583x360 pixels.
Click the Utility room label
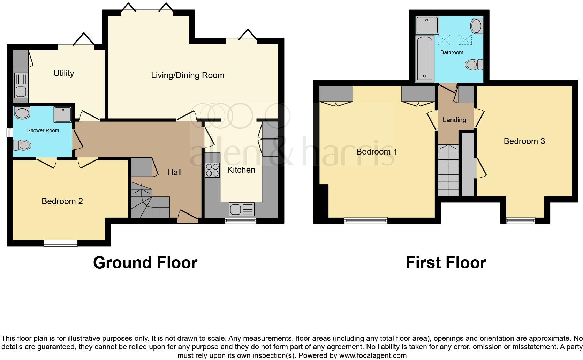pyautogui.click(x=64, y=73)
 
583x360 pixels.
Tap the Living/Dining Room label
pyautogui.click(x=188, y=75)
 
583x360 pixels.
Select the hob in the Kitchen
pyautogui.click(x=212, y=171)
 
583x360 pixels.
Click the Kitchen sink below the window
pyautogui.click(x=241, y=209)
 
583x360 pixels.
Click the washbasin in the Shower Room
pyautogui.click(x=22, y=113)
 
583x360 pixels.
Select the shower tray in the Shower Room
pyautogui.click(x=62, y=114)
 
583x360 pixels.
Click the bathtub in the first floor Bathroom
pyautogui.click(x=424, y=58)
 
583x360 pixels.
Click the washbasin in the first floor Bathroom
pyautogui.click(x=476, y=26)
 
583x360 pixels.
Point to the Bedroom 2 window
pyautogui.click(x=61, y=243)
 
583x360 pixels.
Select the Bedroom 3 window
pyautogui.click(x=521, y=220)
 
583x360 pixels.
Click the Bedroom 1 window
pyautogui.click(x=366, y=220)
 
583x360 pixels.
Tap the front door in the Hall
pyautogui.click(x=188, y=218)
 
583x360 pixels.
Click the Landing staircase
pyautogui.click(x=448, y=171)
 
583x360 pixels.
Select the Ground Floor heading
pyautogui.click(x=145, y=263)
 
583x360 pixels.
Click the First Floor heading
pyautogui.click(x=446, y=263)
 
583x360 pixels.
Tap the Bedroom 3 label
pyautogui.click(x=524, y=141)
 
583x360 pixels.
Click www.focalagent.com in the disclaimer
pyautogui.click(x=373, y=356)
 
